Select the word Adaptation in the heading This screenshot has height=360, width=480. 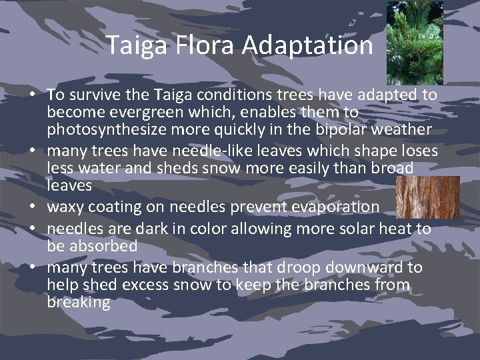pos(307,45)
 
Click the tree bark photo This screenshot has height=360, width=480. pos(427,197)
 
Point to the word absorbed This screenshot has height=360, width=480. pos(104,245)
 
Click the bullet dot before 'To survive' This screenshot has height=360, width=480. pos(31,96)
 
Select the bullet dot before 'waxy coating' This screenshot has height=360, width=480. pos(31,207)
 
